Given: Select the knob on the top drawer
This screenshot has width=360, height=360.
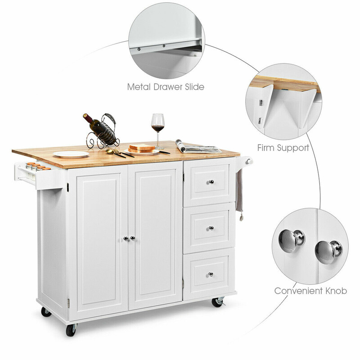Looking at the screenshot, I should [210, 182].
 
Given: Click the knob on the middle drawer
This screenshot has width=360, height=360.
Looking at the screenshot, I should [210, 229].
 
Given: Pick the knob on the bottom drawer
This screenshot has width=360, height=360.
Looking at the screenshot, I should [210, 274].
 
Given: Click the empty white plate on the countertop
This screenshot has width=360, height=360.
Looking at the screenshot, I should [72, 154].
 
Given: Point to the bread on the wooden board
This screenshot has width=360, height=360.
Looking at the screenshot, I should [142, 148].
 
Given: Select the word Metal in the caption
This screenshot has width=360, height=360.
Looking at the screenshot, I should [140, 86].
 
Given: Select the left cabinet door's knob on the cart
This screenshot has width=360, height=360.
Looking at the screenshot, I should [126, 238].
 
